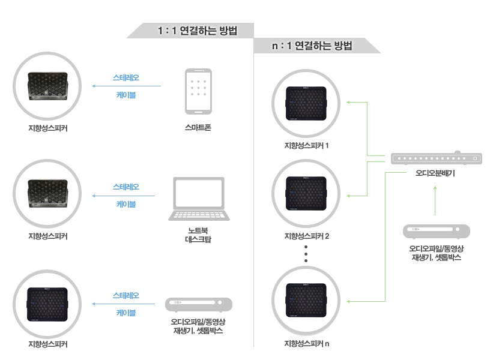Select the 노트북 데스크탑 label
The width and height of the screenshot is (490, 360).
[199, 235]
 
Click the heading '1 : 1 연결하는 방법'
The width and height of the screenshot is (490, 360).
[192, 31]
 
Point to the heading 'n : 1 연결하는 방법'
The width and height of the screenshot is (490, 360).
[312, 46]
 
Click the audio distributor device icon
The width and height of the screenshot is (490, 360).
[436, 159]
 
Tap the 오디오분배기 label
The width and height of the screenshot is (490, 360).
[435, 173]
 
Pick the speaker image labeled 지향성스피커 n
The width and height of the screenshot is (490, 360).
[307, 300]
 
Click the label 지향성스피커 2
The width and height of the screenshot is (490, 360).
[307, 236]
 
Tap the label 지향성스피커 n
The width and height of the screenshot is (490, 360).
[307, 344]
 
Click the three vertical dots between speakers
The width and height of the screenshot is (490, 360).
[306, 253]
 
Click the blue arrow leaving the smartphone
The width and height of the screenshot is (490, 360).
[126, 86]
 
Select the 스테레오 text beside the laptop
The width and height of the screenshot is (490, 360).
[126, 187]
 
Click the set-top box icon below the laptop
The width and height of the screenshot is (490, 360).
[199, 304]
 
